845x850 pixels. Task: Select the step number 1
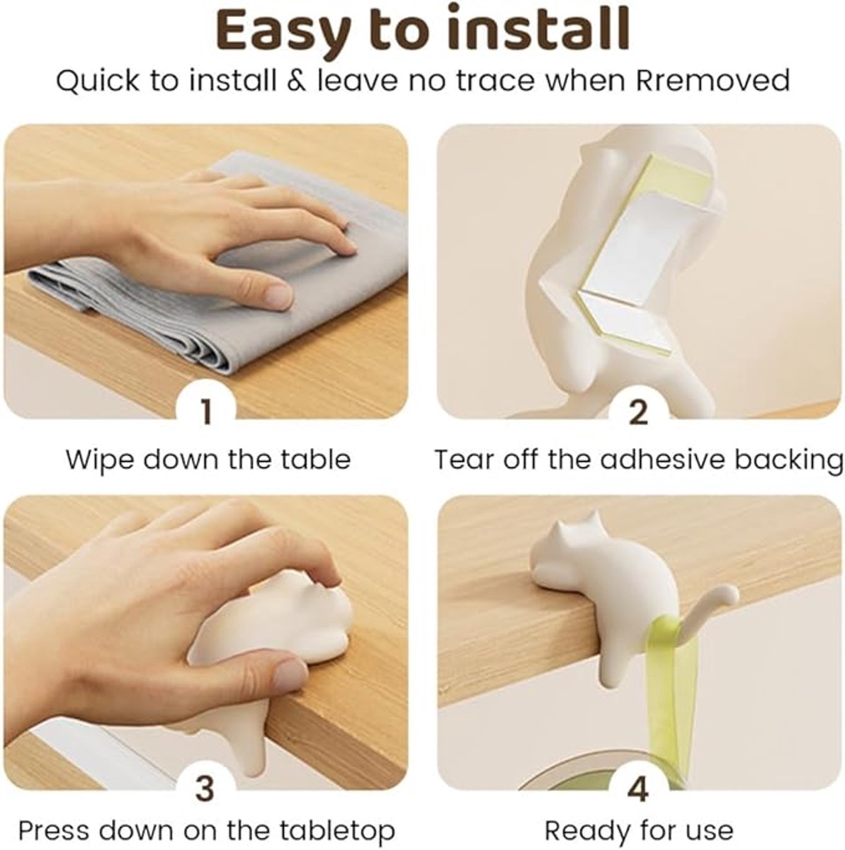coord(206,412)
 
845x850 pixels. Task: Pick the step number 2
coord(638,412)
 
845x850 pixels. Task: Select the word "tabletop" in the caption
coord(338,830)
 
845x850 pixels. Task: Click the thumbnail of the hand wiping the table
coord(206,271)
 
